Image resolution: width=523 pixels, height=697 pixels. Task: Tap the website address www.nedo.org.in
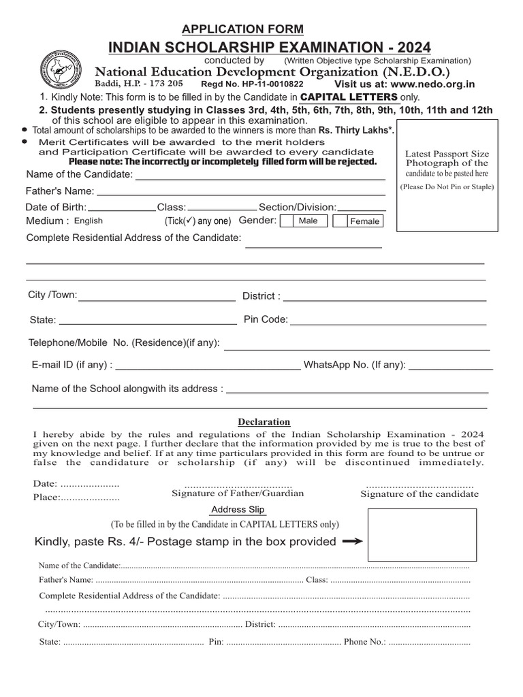432,84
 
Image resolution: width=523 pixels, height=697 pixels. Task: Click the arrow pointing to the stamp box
352,542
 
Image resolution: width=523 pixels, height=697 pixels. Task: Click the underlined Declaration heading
264,422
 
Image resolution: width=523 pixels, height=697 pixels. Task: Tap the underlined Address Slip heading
238,510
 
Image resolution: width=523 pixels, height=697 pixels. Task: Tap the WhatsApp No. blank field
450,366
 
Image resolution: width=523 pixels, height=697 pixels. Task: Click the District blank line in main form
385,297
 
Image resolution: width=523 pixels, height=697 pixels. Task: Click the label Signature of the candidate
419,494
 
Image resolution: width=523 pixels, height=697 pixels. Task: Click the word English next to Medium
89,221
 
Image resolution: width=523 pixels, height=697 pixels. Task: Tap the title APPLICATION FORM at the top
242,29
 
